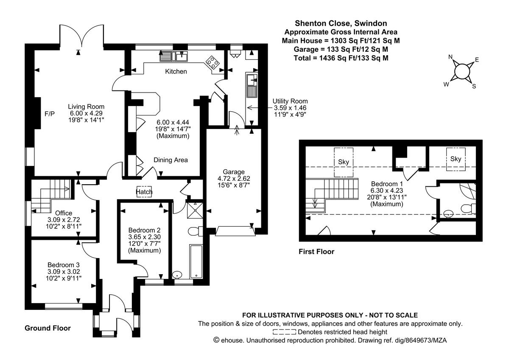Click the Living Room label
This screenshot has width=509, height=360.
(x=87, y=107)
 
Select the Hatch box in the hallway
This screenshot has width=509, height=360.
(x=144, y=191)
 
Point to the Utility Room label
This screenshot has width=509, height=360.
(x=291, y=101)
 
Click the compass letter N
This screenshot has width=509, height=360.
(x=450, y=57)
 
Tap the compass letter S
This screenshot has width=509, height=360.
(x=474, y=87)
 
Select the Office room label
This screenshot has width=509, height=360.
(x=63, y=213)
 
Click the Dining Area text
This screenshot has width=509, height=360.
(x=171, y=160)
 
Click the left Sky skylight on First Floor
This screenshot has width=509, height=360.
(x=343, y=162)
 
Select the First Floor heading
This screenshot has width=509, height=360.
(x=316, y=252)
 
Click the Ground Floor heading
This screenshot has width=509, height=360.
(x=48, y=328)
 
